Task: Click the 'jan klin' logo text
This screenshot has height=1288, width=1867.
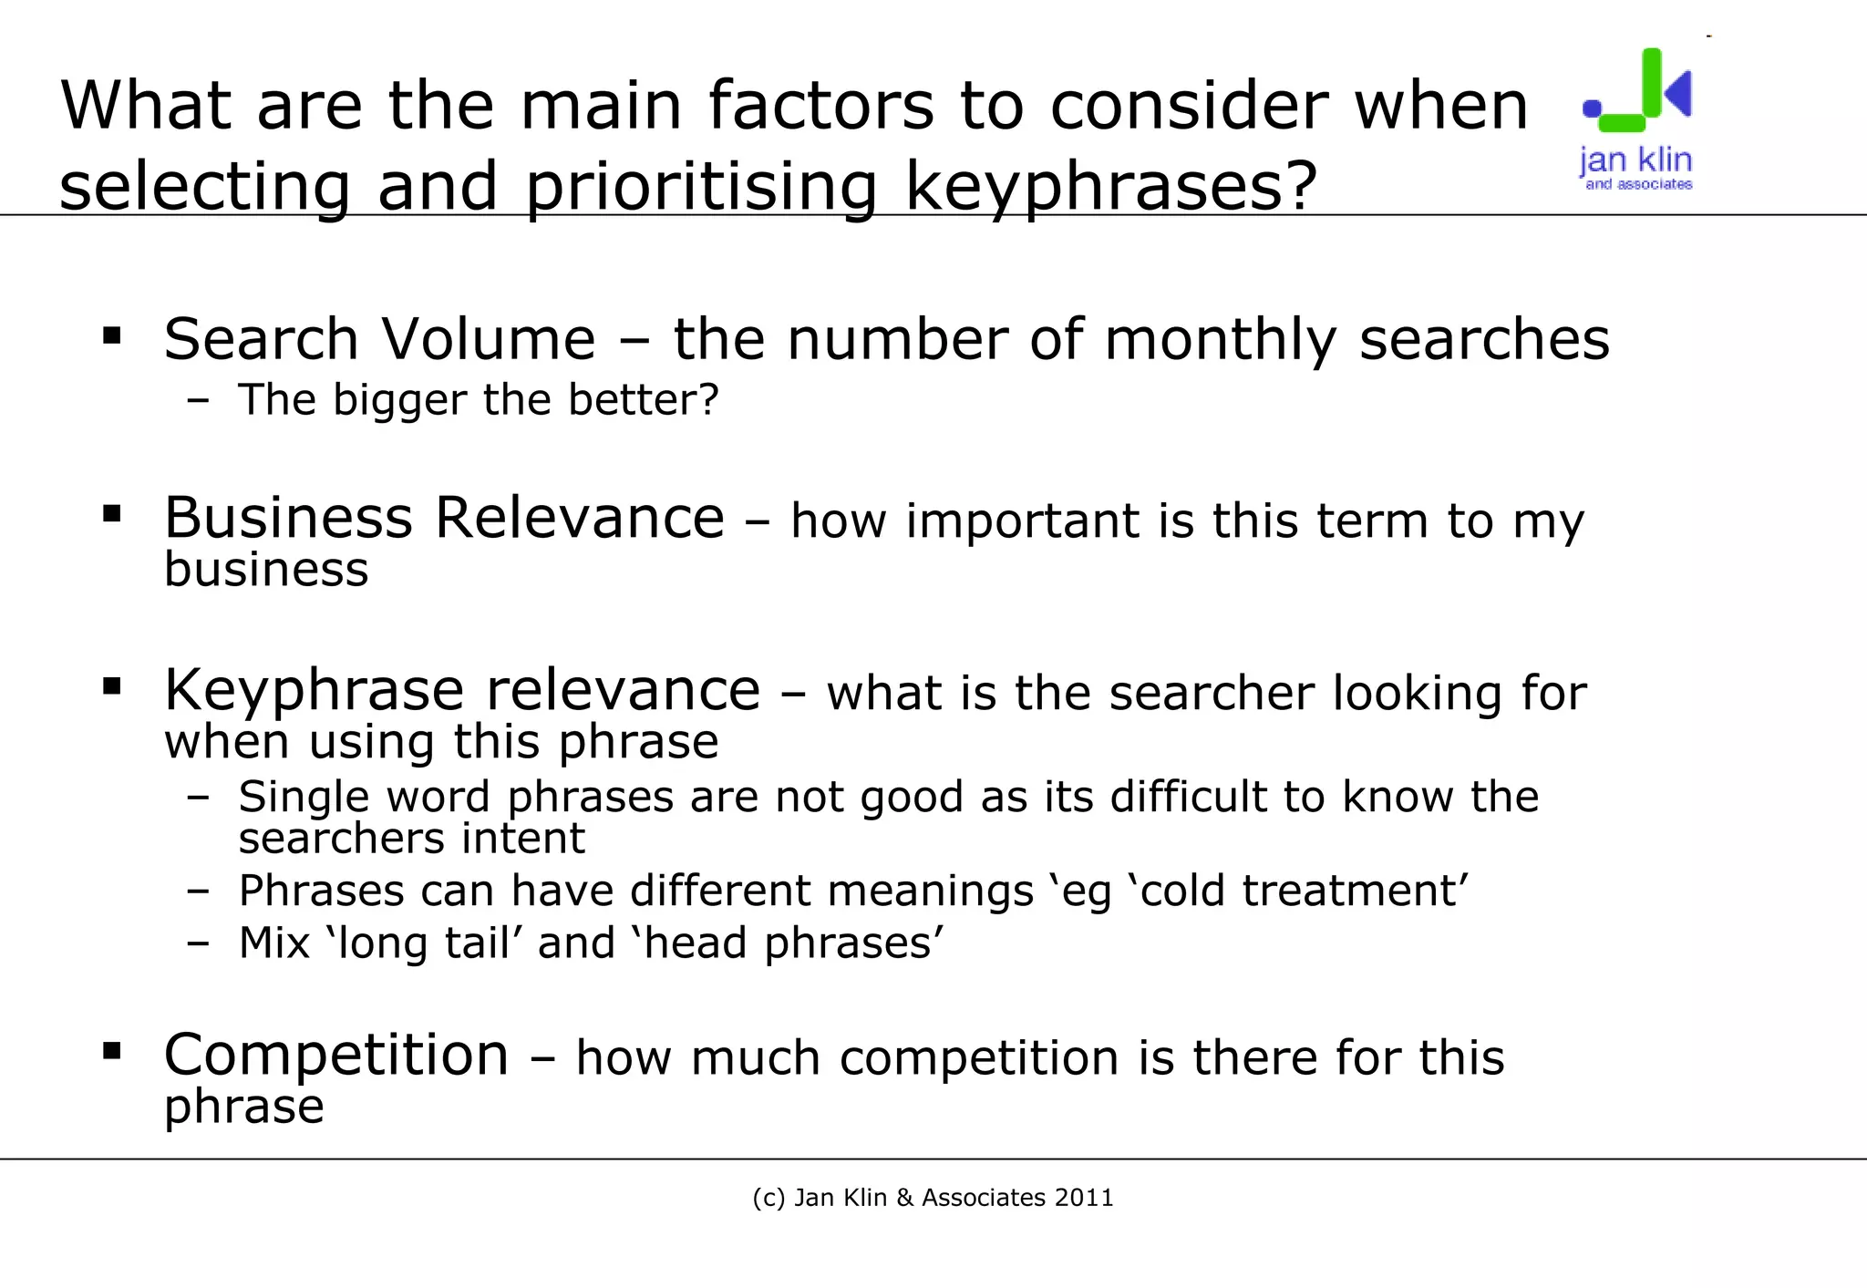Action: tap(1635, 160)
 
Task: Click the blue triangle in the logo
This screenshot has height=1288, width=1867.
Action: tap(1679, 92)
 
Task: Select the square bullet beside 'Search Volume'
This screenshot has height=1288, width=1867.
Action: tap(112, 336)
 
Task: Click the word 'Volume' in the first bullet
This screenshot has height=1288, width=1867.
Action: tap(488, 339)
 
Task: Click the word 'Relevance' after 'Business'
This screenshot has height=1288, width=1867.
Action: tap(580, 518)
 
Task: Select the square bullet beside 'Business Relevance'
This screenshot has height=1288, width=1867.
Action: tap(112, 514)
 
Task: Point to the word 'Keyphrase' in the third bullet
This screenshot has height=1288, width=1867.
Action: tap(313, 690)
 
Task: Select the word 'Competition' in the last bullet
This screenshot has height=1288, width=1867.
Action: tap(335, 1056)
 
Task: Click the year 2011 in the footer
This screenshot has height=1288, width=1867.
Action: tap(1084, 1198)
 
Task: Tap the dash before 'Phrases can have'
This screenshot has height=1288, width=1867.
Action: tap(198, 891)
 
